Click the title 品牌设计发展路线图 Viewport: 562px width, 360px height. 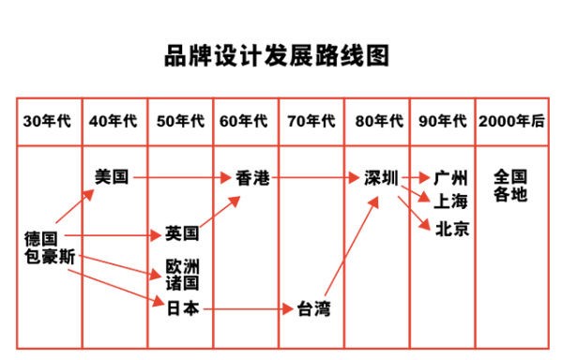pos(278,56)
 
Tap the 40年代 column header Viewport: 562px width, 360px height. pos(114,122)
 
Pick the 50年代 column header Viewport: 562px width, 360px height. pos(180,122)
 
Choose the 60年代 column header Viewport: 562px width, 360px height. pos(245,122)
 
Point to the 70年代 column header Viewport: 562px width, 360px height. pos(311,122)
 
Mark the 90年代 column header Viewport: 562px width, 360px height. pos(442,122)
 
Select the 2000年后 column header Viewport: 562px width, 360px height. pos(511,122)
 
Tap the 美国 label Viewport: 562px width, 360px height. pos(113,176)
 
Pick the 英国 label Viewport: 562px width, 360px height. pos(181,233)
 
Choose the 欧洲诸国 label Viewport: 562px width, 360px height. pos(182,274)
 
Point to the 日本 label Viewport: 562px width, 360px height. pos(182,307)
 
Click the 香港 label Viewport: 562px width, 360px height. pos(251,177)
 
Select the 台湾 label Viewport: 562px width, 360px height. pos(313,308)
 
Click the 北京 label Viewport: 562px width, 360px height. pos(452,229)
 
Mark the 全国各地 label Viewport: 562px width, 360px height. pos(511,185)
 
